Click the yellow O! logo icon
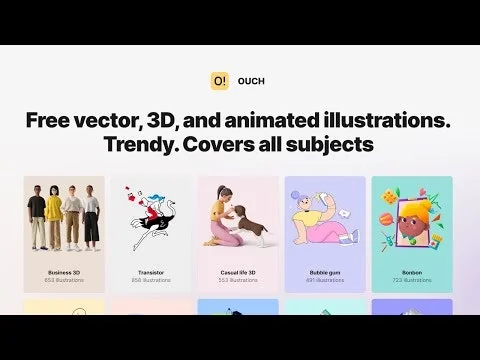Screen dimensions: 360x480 pyautogui.click(x=220, y=81)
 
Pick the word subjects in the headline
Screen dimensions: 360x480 pyautogui.click(x=337, y=145)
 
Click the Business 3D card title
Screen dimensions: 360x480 pyautogui.click(x=64, y=272)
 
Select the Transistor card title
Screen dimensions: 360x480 pyautogui.click(x=151, y=272)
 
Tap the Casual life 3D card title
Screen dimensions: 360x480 pyautogui.click(x=238, y=272)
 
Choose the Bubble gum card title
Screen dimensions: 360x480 pyautogui.click(x=325, y=272)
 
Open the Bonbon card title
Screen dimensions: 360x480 pyautogui.click(x=412, y=272)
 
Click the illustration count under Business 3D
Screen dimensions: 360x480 pyautogui.click(x=64, y=281)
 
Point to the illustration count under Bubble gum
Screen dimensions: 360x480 pyautogui.click(x=325, y=281)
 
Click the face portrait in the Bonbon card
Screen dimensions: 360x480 pyautogui.click(x=412, y=225)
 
